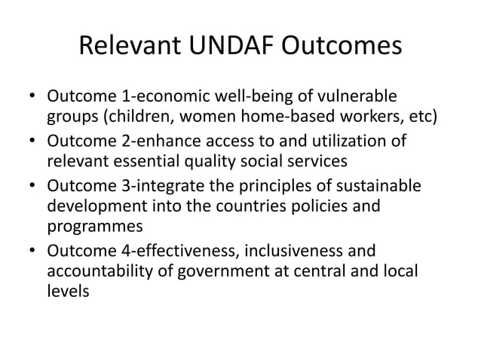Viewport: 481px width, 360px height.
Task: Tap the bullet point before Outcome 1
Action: click(x=33, y=98)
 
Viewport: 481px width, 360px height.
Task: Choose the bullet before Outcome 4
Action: click(x=33, y=252)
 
